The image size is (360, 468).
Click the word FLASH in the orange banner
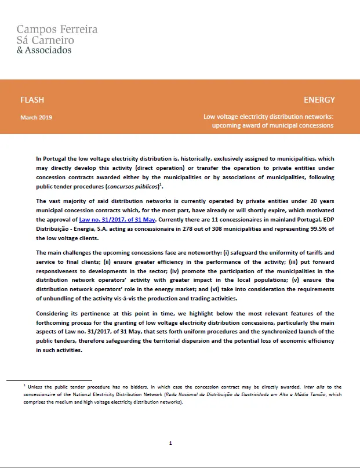click(32, 100)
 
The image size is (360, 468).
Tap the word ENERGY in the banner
click(319, 100)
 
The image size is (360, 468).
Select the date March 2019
click(36, 117)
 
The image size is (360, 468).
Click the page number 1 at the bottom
click(170, 443)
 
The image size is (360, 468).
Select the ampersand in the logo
click(20, 50)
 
